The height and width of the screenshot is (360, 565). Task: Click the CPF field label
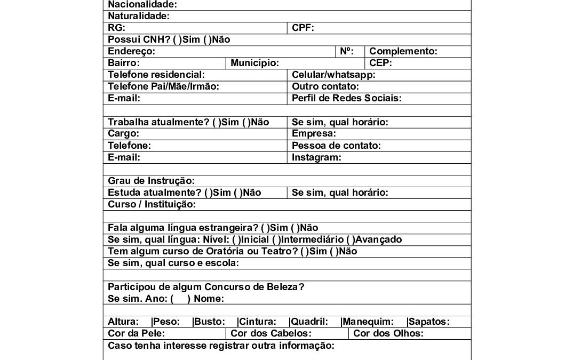pyautogui.click(x=303, y=28)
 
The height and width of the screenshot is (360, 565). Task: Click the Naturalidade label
pyautogui.click(x=139, y=17)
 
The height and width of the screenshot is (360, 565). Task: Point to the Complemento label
pyautogui.click(x=403, y=52)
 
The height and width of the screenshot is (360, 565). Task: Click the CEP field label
pyautogui.click(x=380, y=63)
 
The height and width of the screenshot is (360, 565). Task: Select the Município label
pyautogui.click(x=254, y=63)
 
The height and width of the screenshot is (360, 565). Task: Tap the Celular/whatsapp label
pyautogui.click(x=333, y=75)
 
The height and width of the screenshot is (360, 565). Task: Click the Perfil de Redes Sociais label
pyautogui.click(x=346, y=99)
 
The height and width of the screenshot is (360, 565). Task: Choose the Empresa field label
pyautogui.click(x=314, y=134)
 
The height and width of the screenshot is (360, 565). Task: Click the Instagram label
pyautogui.click(x=316, y=157)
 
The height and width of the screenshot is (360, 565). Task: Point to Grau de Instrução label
pyautogui.click(x=151, y=181)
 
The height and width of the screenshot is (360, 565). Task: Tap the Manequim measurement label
pyautogui.click(x=368, y=322)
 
